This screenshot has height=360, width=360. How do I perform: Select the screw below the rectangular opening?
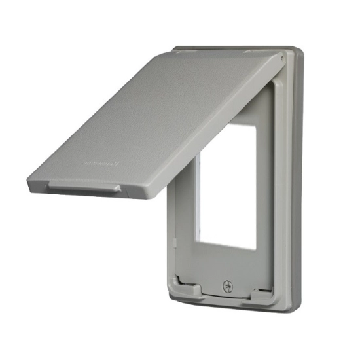click(228, 285)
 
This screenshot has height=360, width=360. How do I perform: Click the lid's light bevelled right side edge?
click(216, 131)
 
